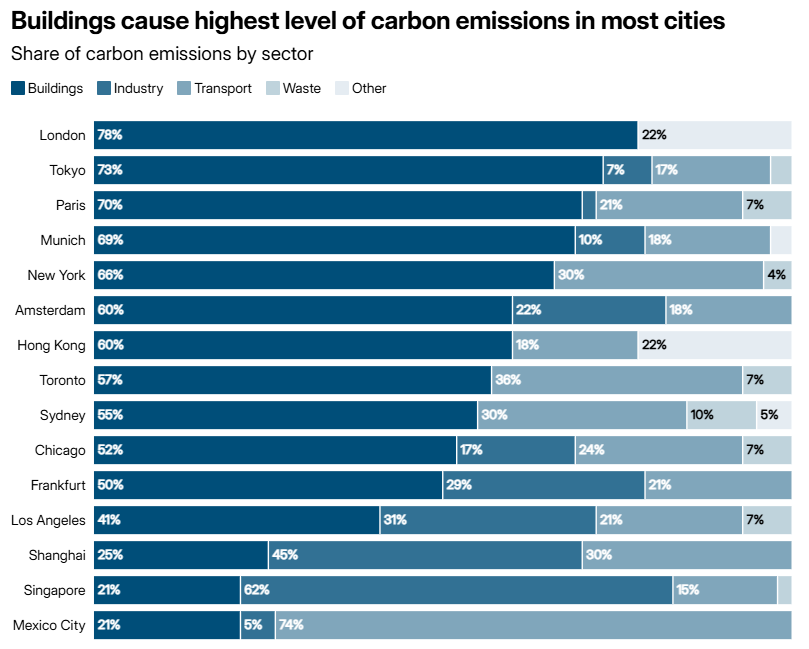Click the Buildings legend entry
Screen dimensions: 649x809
click(47, 88)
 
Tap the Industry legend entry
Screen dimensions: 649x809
click(130, 88)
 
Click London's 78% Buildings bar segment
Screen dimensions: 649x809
click(365, 135)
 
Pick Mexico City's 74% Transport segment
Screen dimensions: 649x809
click(533, 625)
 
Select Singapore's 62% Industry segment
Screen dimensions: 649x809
click(456, 590)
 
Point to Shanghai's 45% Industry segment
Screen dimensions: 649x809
click(425, 555)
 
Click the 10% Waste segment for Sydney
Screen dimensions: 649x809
click(721, 415)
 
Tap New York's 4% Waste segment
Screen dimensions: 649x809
click(777, 275)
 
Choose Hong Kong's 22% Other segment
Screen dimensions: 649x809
click(714, 345)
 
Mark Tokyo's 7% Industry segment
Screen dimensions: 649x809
click(627, 170)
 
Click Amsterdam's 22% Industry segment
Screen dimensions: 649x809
click(588, 310)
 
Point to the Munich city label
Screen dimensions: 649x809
click(62, 240)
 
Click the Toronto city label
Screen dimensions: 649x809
click(61, 380)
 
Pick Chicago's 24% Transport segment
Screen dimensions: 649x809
click(658, 450)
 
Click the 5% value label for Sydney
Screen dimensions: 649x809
click(768, 415)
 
